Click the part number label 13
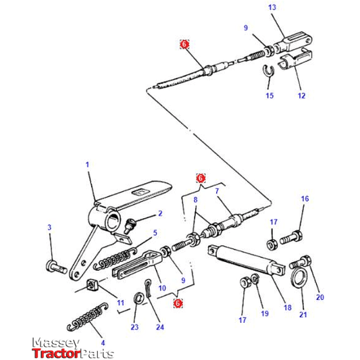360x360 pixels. pyautogui.click(x=272, y=7)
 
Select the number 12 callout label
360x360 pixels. pyautogui.click(x=301, y=95)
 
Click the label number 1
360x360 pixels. pyautogui.click(x=87, y=165)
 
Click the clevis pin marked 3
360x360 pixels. pyautogui.click(x=56, y=267)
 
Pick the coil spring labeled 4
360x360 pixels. pyautogui.click(x=88, y=317)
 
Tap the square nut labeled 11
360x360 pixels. pyautogui.click(x=93, y=285)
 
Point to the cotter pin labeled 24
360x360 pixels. pyautogui.click(x=148, y=288)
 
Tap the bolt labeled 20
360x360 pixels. pyautogui.click(x=301, y=262)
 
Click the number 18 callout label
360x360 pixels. pyautogui.click(x=288, y=307)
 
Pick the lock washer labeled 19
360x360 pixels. pyautogui.click(x=255, y=279)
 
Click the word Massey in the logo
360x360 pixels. pyautogui.click(x=56, y=343)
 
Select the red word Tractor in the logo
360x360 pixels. pyautogui.click(x=56, y=353)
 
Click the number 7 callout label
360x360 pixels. pyautogui.click(x=217, y=190)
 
